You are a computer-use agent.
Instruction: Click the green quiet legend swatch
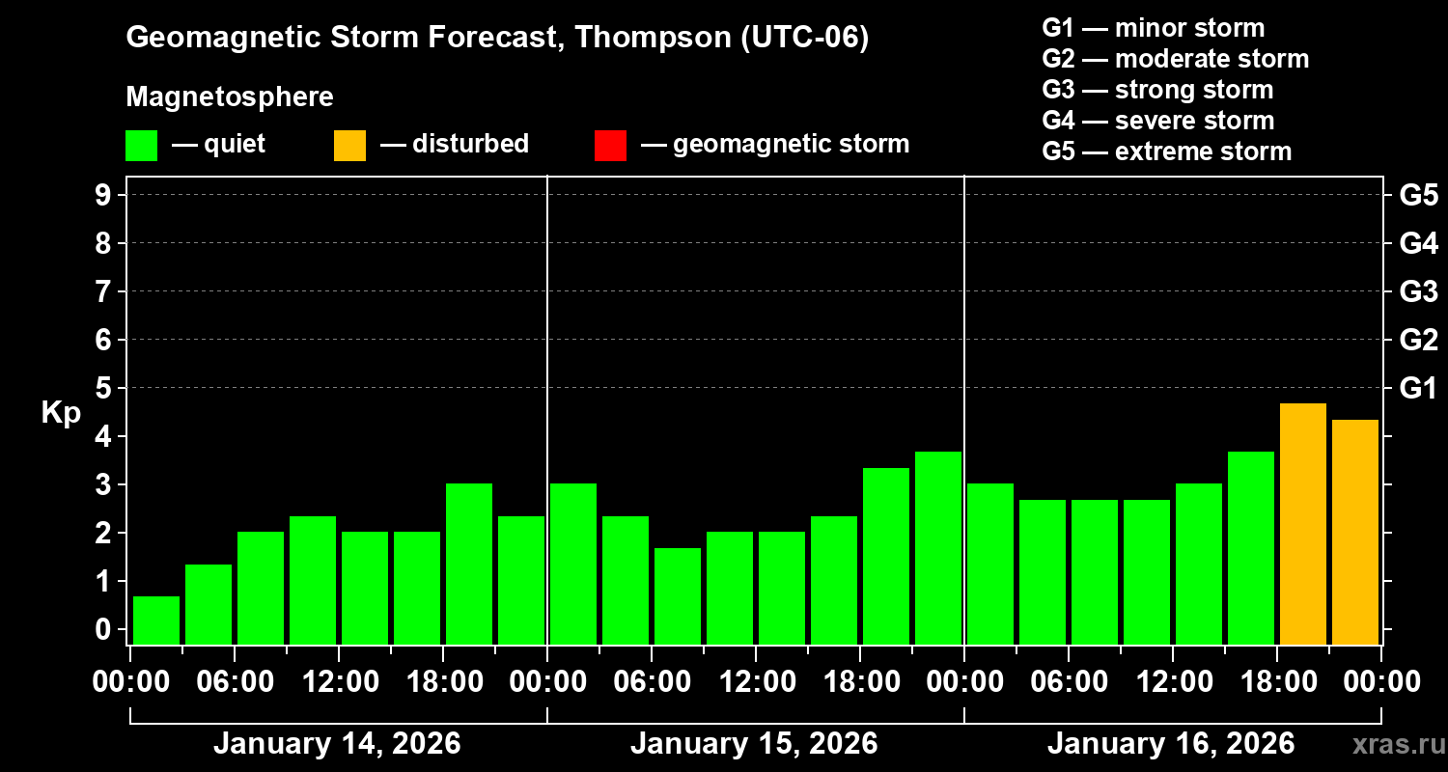[x=141, y=145]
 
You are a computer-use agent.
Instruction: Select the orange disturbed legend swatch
[x=349, y=145]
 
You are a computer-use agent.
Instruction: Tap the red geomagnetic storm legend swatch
[x=610, y=145]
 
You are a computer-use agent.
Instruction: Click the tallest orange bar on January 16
[x=1302, y=524]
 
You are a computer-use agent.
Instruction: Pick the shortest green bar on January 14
[x=156, y=620]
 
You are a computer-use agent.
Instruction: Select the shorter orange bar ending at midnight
[x=1354, y=532]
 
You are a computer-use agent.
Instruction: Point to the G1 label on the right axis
[x=1418, y=389]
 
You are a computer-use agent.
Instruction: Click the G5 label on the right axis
[x=1418, y=196]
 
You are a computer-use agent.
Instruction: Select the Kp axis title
[x=61, y=413]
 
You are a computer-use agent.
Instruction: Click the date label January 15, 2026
[x=754, y=744]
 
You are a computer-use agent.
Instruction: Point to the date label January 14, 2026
[x=337, y=744]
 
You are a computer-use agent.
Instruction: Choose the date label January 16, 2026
[x=1171, y=744]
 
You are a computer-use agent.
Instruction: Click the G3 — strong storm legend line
[x=1157, y=90]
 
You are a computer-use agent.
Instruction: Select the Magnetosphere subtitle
[x=230, y=97]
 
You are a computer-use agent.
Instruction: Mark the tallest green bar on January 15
[x=938, y=547]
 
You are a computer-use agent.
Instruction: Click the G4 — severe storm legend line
[x=1158, y=121]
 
